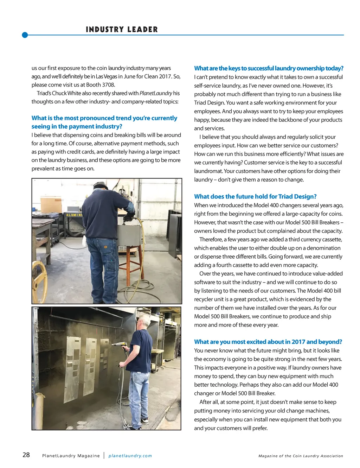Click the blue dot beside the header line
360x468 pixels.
click(x=25, y=35)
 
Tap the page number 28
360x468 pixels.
click(x=26, y=455)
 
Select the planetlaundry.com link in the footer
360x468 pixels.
click(x=130, y=456)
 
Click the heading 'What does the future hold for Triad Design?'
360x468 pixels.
click(x=255, y=196)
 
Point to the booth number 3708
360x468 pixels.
click(x=108, y=85)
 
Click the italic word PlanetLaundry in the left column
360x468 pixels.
click(x=156, y=93)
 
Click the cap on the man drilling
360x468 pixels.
click(x=101, y=185)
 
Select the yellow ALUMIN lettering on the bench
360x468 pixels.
click(x=74, y=215)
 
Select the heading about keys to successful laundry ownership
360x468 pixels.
click(x=269, y=68)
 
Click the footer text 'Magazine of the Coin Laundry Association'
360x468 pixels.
click(x=301, y=456)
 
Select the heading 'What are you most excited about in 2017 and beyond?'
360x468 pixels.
click(x=268, y=342)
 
